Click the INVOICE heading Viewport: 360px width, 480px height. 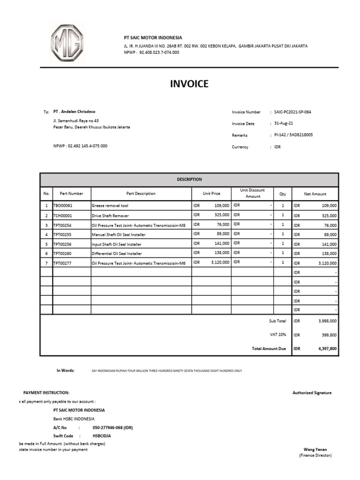coord(189,84)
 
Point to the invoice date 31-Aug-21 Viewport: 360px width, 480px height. coord(284,124)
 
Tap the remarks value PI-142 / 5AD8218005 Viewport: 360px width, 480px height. coord(293,135)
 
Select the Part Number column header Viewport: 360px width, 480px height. coord(71,194)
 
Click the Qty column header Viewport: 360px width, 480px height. coord(282,194)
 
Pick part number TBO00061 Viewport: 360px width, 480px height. coord(63,206)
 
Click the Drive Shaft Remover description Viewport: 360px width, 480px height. coord(111,216)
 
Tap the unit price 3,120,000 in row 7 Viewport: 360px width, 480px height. coord(219,263)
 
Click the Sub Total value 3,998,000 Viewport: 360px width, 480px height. coord(327,321)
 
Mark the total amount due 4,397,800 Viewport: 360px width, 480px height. coord(327,349)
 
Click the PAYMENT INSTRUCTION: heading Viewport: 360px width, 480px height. coord(46,392)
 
